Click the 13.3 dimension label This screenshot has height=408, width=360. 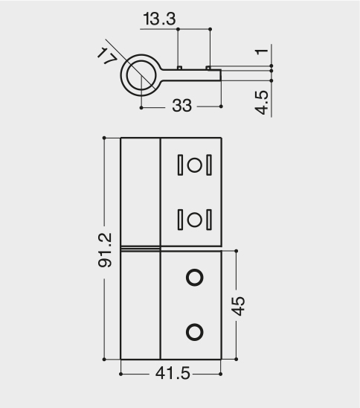159,19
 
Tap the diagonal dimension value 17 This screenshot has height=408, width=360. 107,57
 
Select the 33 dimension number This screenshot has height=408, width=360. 181,106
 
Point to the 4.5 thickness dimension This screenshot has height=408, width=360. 262,103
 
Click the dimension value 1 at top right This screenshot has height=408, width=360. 262,51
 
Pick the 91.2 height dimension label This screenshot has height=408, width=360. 105,250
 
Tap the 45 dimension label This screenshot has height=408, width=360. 238,306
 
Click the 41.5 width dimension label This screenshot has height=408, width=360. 173,374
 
